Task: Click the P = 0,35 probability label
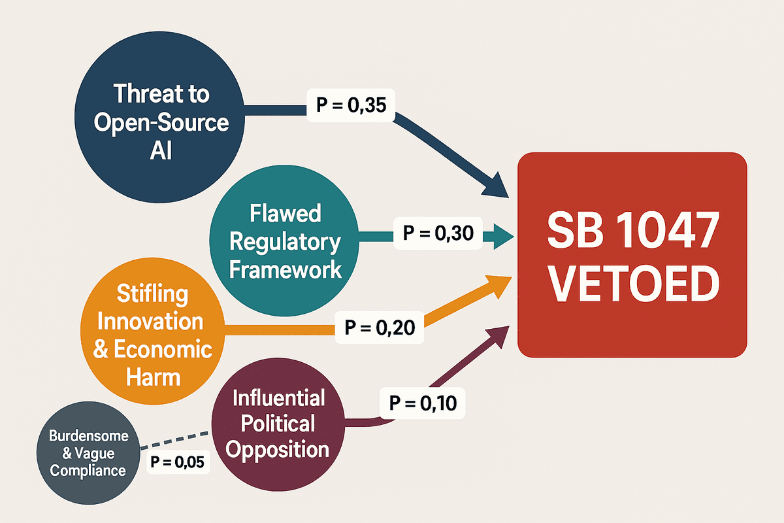click(x=350, y=105)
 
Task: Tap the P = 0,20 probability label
click(x=380, y=325)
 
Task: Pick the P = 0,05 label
click(x=177, y=463)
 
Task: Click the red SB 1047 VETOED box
click(x=631, y=255)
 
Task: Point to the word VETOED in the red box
click(x=632, y=283)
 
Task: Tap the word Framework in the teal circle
click(x=286, y=269)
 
